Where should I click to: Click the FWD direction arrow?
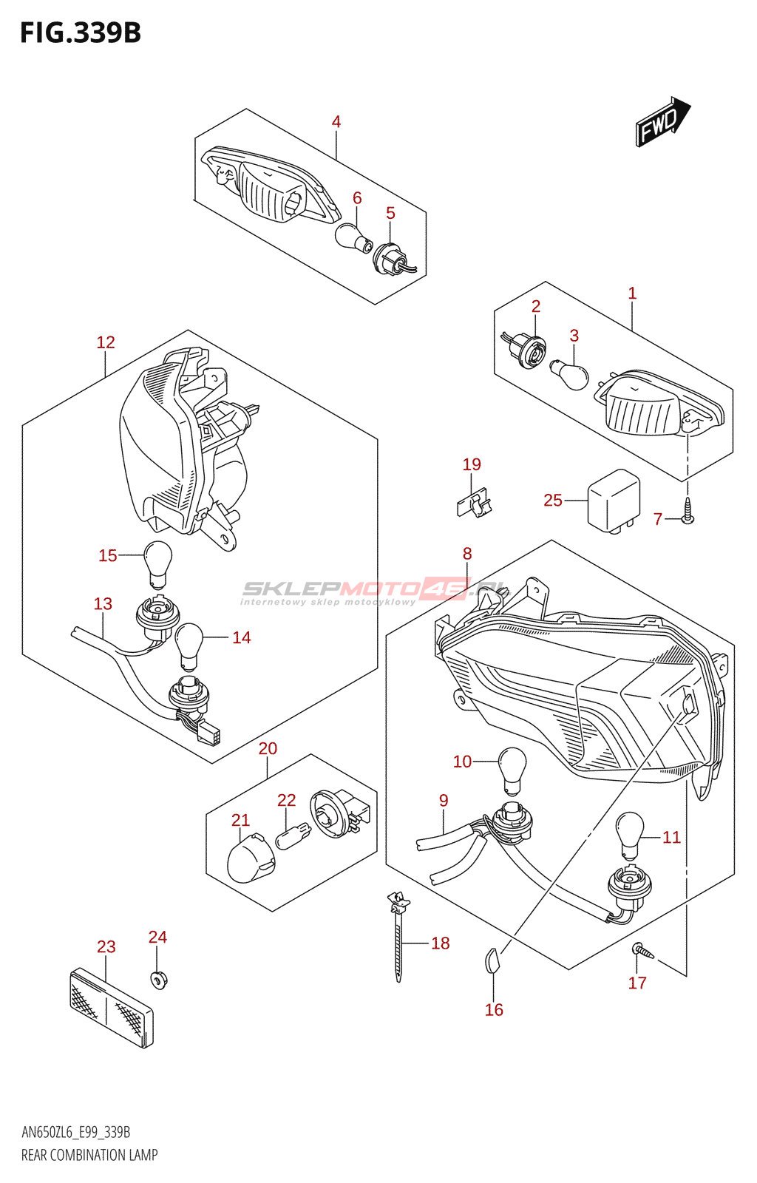(662, 121)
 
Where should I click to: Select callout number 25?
(553, 501)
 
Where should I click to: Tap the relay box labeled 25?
(613, 501)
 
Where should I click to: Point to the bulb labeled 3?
(570, 374)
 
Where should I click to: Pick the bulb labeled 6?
(351, 237)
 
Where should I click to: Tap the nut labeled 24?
(158, 980)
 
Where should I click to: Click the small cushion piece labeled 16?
(492, 960)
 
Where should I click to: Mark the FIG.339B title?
(81, 33)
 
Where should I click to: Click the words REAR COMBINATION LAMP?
(89, 1155)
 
